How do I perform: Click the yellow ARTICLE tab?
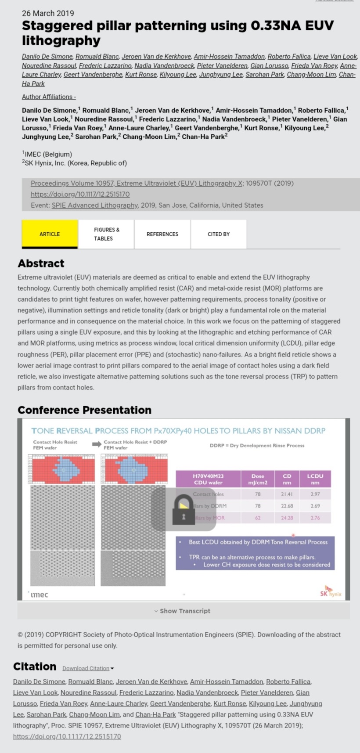[x=50, y=234]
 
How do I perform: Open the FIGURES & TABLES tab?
[x=106, y=234]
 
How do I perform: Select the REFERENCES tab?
[x=162, y=234]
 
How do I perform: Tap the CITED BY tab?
[x=219, y=234]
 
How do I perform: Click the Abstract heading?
[x=41, y=263]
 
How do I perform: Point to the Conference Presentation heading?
[x=84, y=410]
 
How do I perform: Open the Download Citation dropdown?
[x=88, y=668]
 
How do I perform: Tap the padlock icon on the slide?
[x=183, y=510]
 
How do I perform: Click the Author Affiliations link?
[x=49, y=97]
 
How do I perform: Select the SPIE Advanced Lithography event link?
[x=94, y=205]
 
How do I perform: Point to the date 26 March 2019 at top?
[x=48, y=13]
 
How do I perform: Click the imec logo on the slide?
[x=39, y=594]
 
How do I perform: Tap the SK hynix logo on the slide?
[x=331, y=592]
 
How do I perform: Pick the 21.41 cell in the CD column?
[x=287, y=494]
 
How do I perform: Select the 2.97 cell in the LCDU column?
[x=315, y=494]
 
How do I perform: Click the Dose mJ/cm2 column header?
[x=258, y=479]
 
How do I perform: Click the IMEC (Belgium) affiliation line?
[x=48, y=154]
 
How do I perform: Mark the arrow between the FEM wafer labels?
[x=97, y=444]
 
